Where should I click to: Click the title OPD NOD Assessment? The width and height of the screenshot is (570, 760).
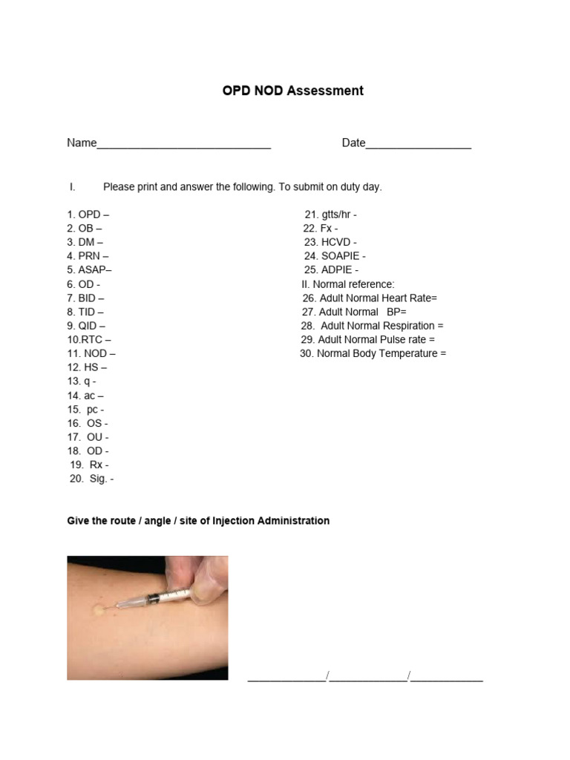pyautogui.click(x=293, y=91)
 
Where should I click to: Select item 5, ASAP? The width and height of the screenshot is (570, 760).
pyautogui.click(x=90, y=270)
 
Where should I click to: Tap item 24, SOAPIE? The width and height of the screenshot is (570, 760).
pyautogui.click(x=335, y=256)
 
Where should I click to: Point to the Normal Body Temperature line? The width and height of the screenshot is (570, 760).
pyautogui.click(x=373, y=353)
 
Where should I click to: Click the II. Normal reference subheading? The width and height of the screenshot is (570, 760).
pyautogui.click(x=348, y=284)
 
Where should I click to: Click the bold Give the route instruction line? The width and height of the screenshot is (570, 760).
pyautogui.click(x=198, y=521)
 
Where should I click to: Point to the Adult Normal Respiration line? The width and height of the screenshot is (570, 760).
pyautogui.click(x=372, y=326)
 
